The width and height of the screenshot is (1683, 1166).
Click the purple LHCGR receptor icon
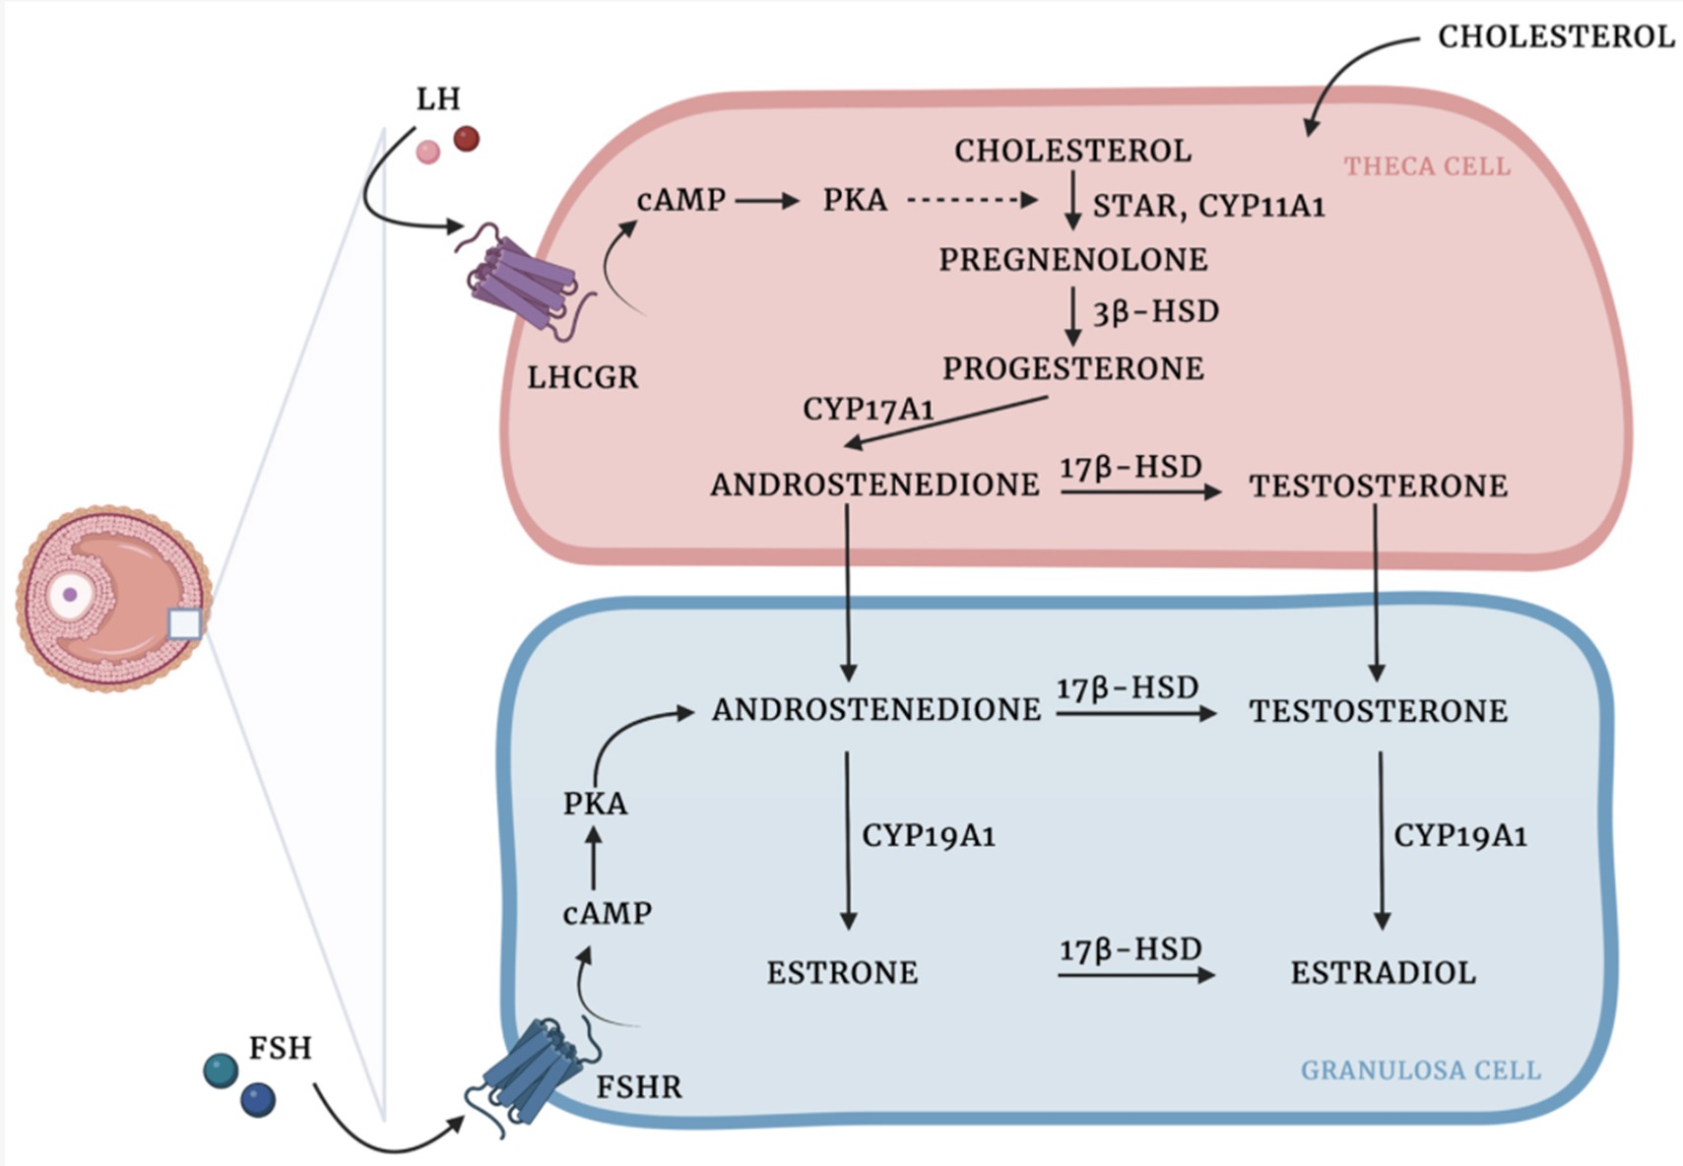point(525,282)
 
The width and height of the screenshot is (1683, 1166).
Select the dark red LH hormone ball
point(466,139)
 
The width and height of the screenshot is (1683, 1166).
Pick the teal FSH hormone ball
point(221,1070)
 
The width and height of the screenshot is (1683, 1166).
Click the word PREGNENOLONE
point(1072,260)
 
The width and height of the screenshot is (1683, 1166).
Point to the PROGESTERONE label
point(1072,368)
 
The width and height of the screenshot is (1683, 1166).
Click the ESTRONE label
point(842,973)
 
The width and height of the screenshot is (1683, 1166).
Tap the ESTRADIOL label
point(1383,973)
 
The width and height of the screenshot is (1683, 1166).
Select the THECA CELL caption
point(1427,166)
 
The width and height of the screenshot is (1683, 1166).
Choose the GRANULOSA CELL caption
point(1420,1070)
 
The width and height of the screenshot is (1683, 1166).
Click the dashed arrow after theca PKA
point(971,200)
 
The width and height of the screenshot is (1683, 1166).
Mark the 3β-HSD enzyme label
point(1156,312)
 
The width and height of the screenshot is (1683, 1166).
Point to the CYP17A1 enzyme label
point(868,409)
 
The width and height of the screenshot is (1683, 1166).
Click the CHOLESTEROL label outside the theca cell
point(1556,37)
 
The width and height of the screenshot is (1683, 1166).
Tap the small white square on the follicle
point(184,624)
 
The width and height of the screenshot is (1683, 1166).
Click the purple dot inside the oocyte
point(70,595)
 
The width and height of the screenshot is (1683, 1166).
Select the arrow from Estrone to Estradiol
point(1135,975)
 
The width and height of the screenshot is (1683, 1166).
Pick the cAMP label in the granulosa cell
point(607,914)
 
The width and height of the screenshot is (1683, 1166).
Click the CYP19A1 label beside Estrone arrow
point(929,836)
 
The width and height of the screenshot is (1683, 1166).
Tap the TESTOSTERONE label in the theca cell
point(1378,486)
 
